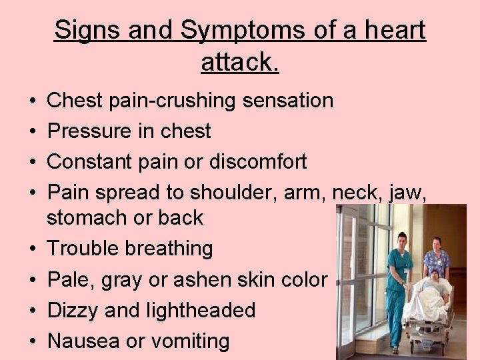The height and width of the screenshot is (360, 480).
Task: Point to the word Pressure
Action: tap(90, 131)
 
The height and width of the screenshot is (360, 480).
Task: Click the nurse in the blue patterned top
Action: tap(437, 257)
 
